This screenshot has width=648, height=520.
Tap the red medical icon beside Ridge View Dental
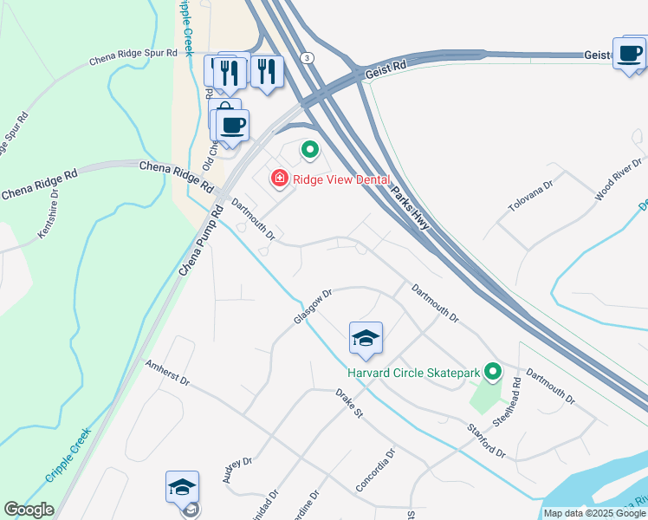[280, 179]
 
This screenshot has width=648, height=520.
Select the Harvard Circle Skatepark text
[413, 373]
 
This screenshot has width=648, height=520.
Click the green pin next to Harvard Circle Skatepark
[493, 372]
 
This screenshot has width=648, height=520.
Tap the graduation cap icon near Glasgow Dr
[366, 339]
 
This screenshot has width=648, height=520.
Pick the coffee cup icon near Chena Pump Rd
[232, 126]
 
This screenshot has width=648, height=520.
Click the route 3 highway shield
[308, 56]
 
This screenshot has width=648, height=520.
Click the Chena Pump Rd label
[199, 242]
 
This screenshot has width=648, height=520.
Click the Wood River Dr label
[618, 179]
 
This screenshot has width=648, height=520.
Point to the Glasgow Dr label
[313, 307]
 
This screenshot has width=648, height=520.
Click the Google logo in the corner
[29, 510]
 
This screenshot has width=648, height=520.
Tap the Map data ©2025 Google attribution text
[594, 513]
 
